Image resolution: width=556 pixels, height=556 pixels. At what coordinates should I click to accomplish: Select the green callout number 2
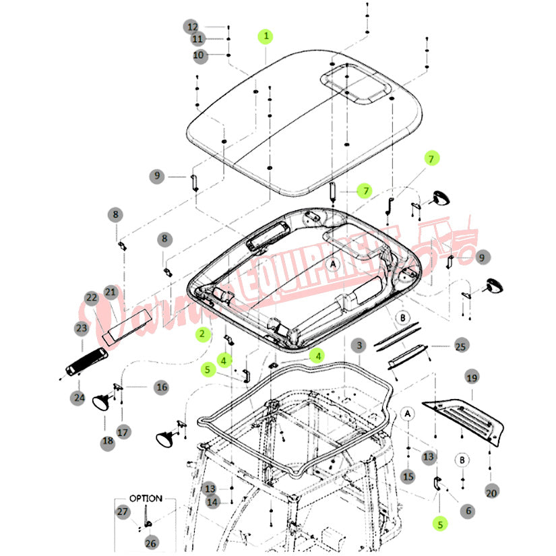(x=200, y=333)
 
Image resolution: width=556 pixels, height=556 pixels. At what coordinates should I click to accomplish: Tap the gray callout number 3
(x=360, y=345)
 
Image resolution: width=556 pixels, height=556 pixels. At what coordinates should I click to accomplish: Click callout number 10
(x=198, y=55)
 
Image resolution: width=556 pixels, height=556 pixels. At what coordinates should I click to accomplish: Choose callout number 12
(x=193, y=27)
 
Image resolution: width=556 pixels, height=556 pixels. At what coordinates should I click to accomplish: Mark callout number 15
(x=408, y=476)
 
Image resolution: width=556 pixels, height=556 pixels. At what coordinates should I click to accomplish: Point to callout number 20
(x=491, y=493)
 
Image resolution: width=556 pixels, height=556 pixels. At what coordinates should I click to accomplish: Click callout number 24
(x=79, y=398)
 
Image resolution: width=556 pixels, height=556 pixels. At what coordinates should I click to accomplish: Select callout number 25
(x=461, y=346)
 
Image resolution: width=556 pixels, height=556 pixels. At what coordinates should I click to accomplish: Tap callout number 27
(x=123, y=512)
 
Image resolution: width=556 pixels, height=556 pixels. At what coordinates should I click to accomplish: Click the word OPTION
(x=146, y=499)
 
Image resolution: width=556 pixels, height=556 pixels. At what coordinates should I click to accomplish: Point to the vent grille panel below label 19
(x=465, y=417)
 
